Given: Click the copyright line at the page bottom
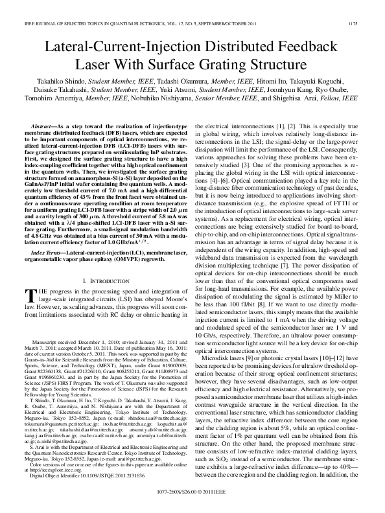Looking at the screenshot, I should [192, 501].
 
